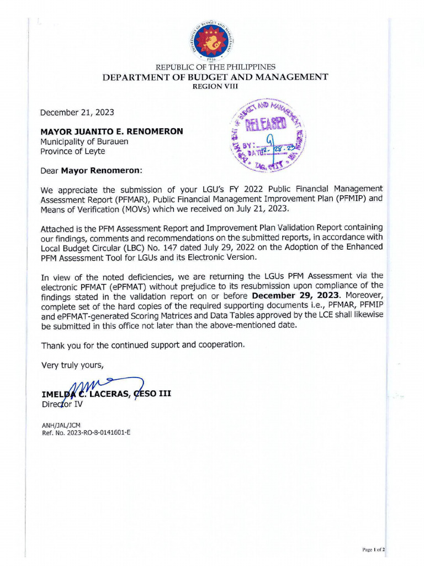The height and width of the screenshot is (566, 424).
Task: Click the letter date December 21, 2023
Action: [77, 112]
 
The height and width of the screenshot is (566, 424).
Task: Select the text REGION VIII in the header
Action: [215, 87]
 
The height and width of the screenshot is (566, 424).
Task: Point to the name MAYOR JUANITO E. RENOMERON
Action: [112, 132]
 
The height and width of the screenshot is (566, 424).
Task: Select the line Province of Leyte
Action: [72, 151]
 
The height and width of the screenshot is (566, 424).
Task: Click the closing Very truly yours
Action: [72, 364]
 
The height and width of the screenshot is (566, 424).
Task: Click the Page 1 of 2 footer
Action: [374, 550]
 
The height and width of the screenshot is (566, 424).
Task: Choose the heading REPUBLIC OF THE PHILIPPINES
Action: [215, 67]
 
